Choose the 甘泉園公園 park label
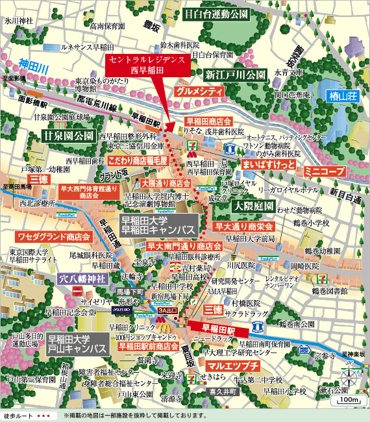click(68, 136)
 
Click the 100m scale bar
click(347, 400)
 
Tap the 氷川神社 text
click(19, 21)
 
